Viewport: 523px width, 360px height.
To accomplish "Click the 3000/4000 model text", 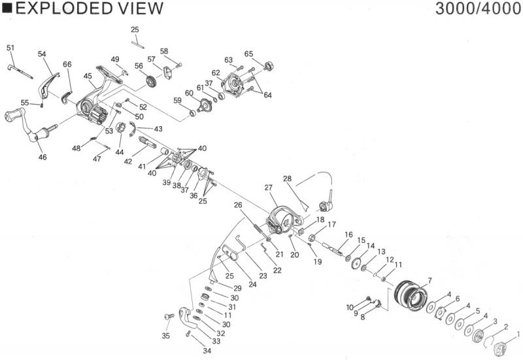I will [477, 8].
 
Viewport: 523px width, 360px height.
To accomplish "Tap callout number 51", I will [10, 48].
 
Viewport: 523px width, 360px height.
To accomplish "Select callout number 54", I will [42, 54].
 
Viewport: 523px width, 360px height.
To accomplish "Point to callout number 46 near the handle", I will [42, 157].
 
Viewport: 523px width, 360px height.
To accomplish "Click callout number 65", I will [248, 54].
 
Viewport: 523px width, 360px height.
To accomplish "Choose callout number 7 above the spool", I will [429, 281].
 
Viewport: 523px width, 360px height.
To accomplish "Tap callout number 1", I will [518, 334].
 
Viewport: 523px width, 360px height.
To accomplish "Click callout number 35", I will [165, 336].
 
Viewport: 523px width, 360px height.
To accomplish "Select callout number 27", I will [267, 188].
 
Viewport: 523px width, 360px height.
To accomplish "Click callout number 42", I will [129, 161].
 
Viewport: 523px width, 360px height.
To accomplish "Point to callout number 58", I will [164, 51].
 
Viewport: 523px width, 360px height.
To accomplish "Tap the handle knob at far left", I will [13, 117].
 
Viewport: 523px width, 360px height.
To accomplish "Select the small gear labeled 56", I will [152, 82].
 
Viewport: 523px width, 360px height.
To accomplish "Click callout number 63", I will [229, 60].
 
